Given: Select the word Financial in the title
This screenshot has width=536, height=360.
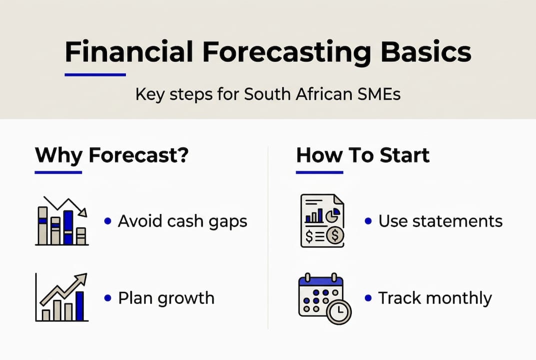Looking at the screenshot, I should (x=129, y=52).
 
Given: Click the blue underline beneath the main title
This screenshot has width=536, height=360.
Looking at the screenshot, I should (x=95, y=75).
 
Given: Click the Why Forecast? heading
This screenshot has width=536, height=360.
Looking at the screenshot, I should (x=111, y=155).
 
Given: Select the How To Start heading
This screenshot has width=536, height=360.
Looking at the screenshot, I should (x=363, y=155).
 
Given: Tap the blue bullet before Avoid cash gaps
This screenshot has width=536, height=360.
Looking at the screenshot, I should (x=107, y=221).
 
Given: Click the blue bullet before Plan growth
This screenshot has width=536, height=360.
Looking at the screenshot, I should (x=107, y=298).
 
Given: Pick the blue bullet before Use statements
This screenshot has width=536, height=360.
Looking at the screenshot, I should (x=368, y=221).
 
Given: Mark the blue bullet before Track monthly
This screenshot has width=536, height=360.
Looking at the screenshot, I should (x=368, y=298).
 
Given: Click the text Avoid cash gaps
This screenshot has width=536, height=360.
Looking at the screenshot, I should (x=182, y=221).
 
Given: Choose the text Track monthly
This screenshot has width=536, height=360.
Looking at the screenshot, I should (x=435, y=298).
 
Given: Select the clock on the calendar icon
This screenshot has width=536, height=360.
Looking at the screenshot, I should (x=339, y=311).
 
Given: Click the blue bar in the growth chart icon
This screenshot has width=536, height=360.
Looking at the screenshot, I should (x=79, y=306).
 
